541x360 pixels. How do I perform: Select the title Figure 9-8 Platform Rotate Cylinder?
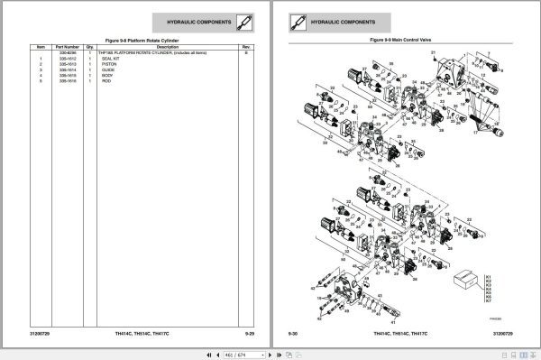tap(142, 41)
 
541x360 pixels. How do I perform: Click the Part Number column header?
tap(68, 47)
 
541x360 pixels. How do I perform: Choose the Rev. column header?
tap(246, 47)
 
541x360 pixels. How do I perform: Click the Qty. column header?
tap(90, 47)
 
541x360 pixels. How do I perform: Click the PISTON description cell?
tap(109, 65)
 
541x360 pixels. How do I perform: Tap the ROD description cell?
tap(107, 82)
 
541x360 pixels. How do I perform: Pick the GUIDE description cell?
tap(108, 70)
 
